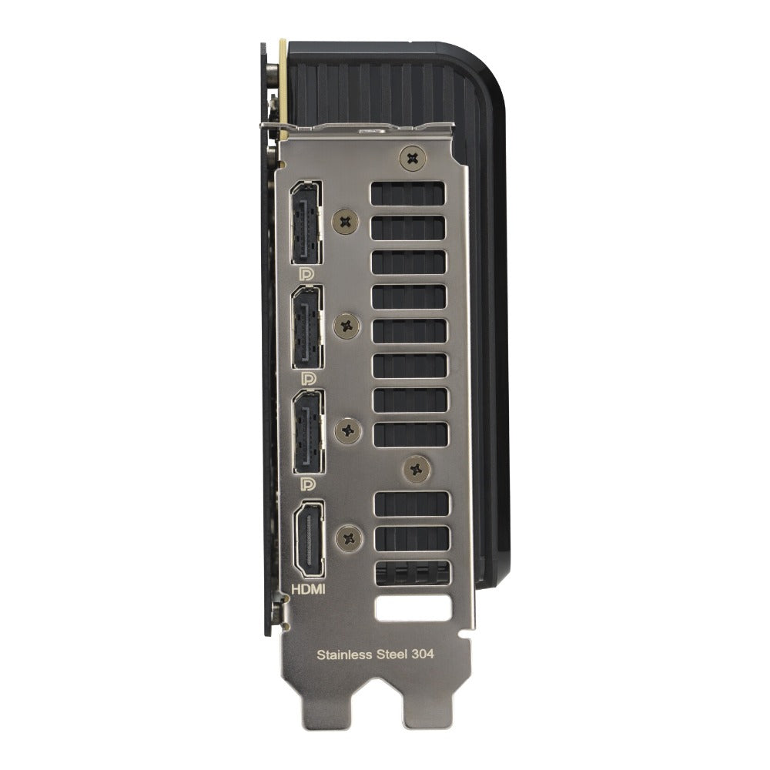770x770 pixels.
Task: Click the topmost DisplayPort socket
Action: click(306, 223)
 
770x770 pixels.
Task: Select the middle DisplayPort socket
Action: click(307, 326)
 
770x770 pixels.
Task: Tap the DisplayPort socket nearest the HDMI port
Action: click(309, 432)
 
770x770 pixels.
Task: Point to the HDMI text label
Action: click(309, 589)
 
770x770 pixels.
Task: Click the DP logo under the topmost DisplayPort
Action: click(306, 273)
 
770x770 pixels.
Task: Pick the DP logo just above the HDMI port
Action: click(308, 484)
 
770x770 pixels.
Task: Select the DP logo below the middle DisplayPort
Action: click(308, 378)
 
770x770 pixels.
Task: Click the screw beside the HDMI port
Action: click(350, 537)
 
